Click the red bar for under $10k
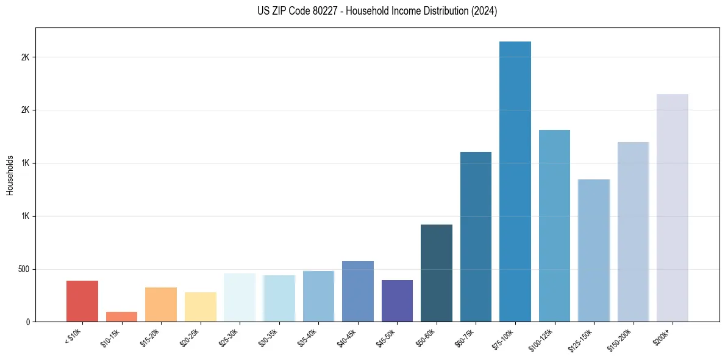[x=82, y=301]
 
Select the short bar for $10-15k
[x=121, y=317]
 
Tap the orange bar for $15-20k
[x=161, y=304]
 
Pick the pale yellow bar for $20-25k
[x=201, y=307]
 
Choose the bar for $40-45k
[x=358, y=291]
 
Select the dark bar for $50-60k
[x=437, y=273]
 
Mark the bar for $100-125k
[x=554, y=225]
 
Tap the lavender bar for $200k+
[x=673, y=207]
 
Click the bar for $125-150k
[x=594, y=250]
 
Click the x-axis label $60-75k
[x=466, y=337]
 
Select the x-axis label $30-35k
[x=269, y=337]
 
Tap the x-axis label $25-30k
[x=230, y=337]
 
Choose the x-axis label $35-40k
[x=309, y=337]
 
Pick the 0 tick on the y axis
[x=28, y=322]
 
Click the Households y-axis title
[x=10, y=175]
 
